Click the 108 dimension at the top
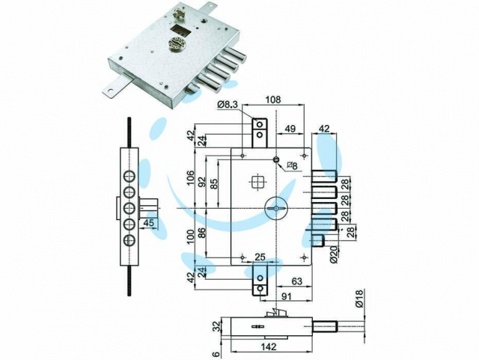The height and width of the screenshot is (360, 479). point(274,99)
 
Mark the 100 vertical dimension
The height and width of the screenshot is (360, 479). point(189,237)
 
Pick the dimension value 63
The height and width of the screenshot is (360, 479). point(295,281)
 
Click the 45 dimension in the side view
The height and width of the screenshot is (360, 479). point(149,222)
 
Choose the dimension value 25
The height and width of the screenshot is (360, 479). point(260,257)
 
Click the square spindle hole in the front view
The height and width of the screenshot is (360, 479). point(258,182)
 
